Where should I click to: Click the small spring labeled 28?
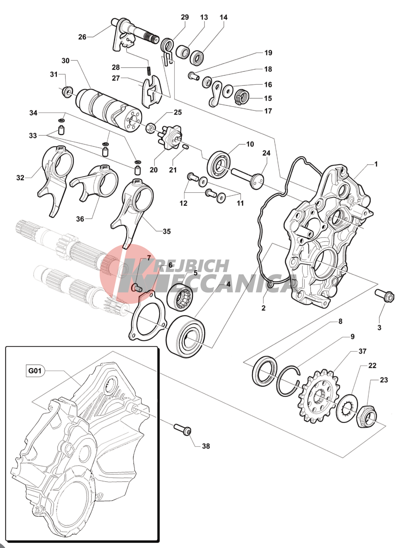coord(149,71)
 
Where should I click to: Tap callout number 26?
coord(82,37)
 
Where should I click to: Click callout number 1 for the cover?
coord(376,164)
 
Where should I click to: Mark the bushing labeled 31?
coord(66,91)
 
